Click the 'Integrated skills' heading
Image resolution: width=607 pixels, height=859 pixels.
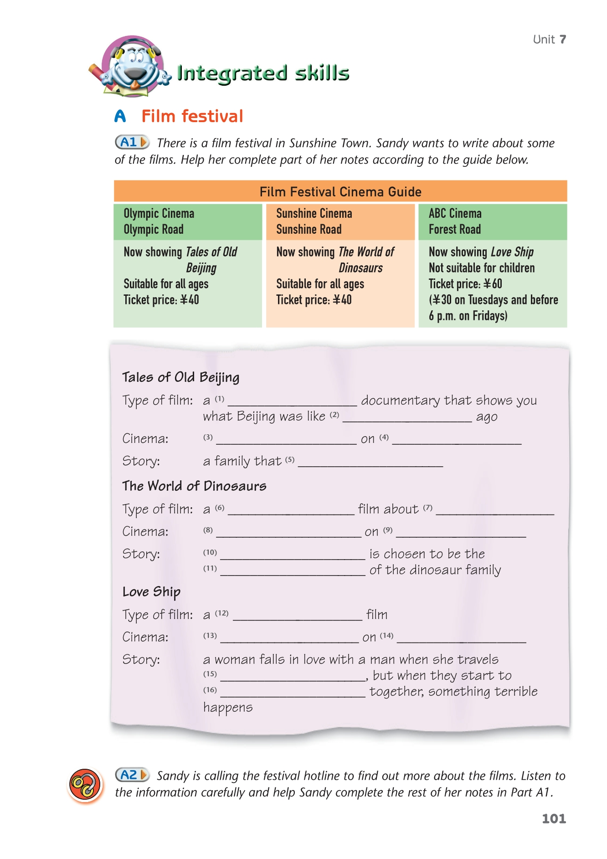[263, 73]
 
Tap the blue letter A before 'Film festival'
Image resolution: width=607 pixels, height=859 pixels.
[120, 116]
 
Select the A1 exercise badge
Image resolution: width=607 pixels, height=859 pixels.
[132, 142]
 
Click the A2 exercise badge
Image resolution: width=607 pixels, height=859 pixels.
[132, 775]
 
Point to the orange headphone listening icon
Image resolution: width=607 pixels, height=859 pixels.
[85, 785]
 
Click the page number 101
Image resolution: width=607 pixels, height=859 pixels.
[554, 818]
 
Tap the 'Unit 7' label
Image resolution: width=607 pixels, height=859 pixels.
[549, 40]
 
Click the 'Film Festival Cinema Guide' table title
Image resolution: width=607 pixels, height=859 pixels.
[340, 192]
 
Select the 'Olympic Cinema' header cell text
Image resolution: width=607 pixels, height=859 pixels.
[159, 214]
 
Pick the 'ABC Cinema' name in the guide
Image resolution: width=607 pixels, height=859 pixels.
[455, 214]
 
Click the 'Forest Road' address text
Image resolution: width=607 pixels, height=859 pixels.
[454, 230]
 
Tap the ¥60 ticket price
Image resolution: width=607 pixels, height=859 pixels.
[493, 284]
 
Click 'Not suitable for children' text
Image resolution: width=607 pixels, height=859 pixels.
[481, 268]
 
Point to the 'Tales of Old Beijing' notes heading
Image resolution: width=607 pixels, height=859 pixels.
[180, 377]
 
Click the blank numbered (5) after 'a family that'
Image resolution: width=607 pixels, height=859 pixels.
[370, 462]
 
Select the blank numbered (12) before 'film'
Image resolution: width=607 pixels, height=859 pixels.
[297, 615]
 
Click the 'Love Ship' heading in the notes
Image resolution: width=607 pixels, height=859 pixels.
[151, 592]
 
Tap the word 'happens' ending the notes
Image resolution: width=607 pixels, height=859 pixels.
[228, 708]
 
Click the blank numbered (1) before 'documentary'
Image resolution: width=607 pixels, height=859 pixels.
[292, 401]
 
